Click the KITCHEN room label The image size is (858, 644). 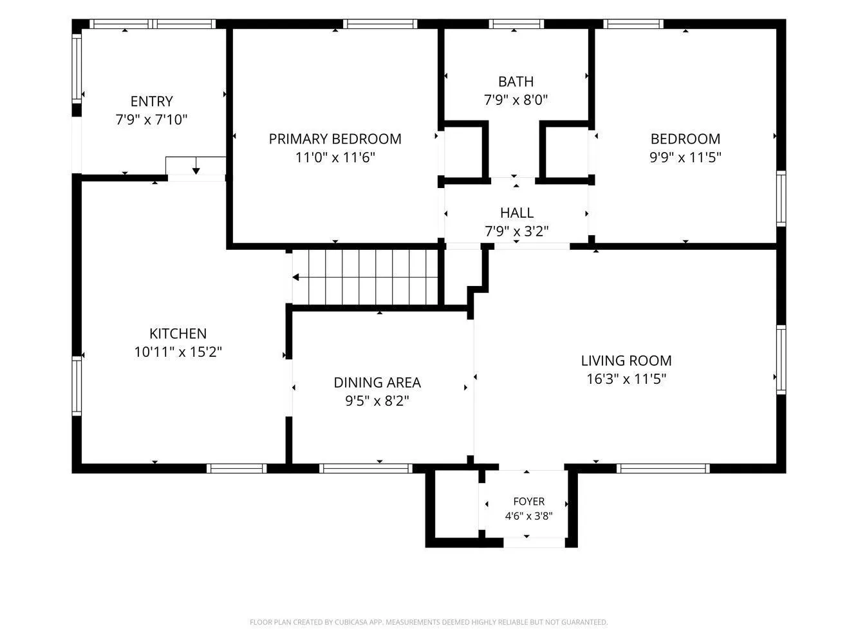point(178,334)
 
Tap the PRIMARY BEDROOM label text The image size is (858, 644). point(335,139)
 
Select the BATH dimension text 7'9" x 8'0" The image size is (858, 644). point(516,100)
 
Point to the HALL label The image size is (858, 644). point(517,213)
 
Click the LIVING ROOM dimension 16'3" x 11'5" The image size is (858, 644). point(626,379)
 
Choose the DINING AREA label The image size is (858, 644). point(377,383)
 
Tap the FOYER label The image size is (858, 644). point(528,501)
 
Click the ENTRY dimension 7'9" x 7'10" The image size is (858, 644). point(151,120)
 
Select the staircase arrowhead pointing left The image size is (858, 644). point(296,277)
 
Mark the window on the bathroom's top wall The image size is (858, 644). point(516,24)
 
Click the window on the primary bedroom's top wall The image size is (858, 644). point(380,24)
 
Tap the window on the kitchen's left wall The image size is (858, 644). point(77,386)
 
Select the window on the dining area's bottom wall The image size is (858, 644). point(366,468)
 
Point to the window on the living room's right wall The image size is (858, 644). point(781,360)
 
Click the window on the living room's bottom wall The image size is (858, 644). point(663,468)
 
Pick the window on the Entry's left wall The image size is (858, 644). point(77,68)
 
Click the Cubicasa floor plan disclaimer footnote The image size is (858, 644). point(429,622)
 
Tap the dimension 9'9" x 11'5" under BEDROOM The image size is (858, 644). point(685,158)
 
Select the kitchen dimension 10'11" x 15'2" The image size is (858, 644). point(178,352)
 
